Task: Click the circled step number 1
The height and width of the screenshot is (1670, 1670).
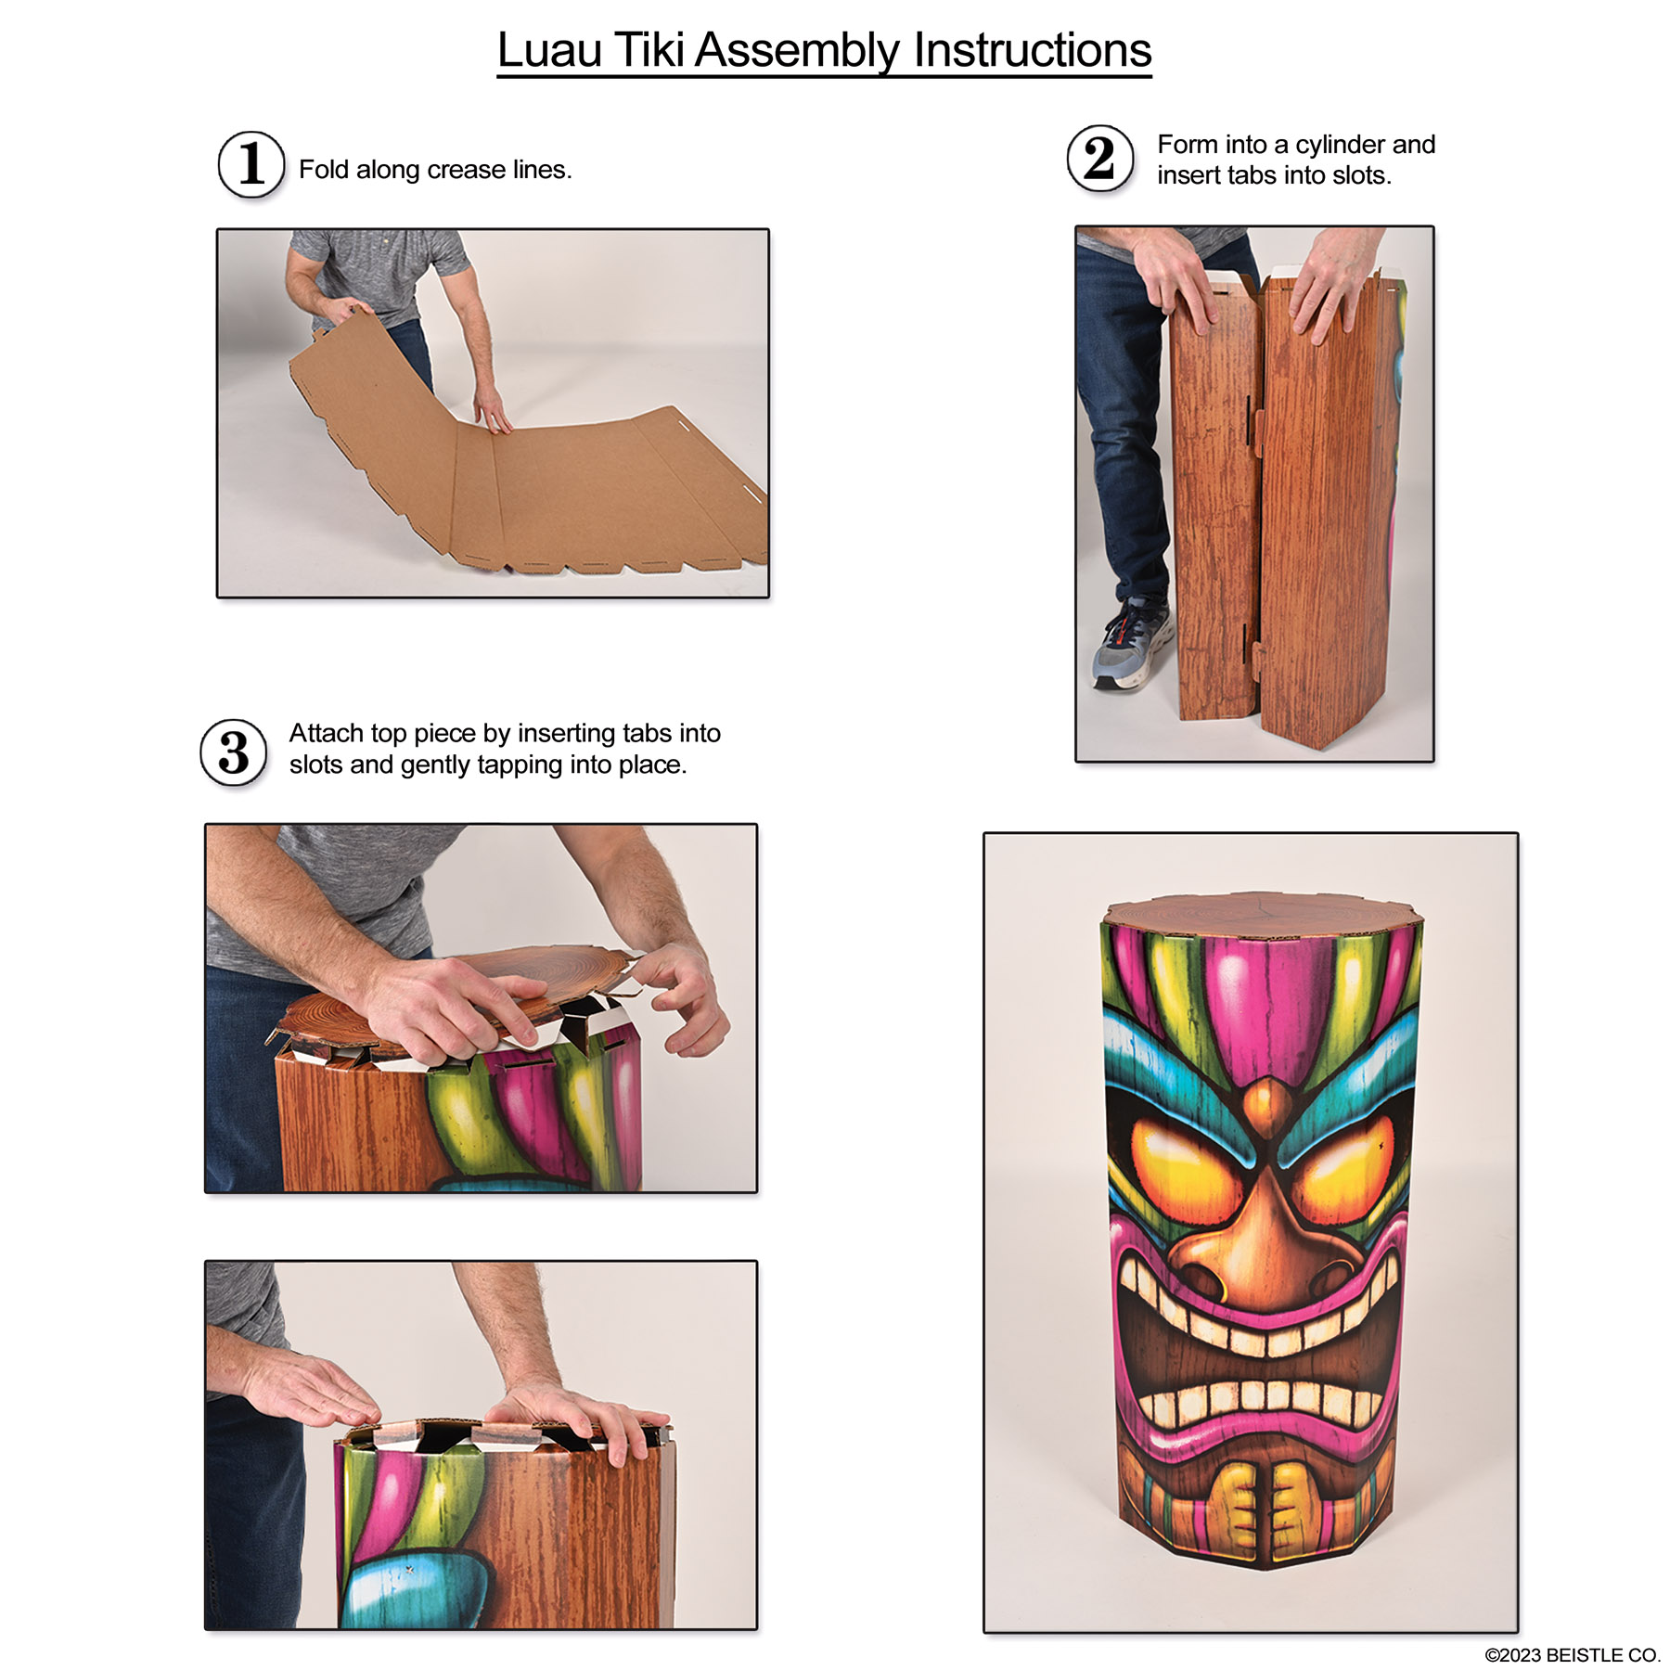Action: coord(250,165)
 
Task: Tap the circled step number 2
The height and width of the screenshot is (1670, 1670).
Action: coord(1099,159)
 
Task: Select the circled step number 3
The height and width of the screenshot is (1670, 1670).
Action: coord(234,752)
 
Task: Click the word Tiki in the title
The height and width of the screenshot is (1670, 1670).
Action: coord(650,50)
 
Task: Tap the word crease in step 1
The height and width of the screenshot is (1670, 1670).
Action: coord(466,170)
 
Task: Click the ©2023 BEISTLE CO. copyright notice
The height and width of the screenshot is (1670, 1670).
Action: coord(1572,1655)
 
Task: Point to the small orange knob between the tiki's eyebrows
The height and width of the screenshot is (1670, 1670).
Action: coord(1262,1102)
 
